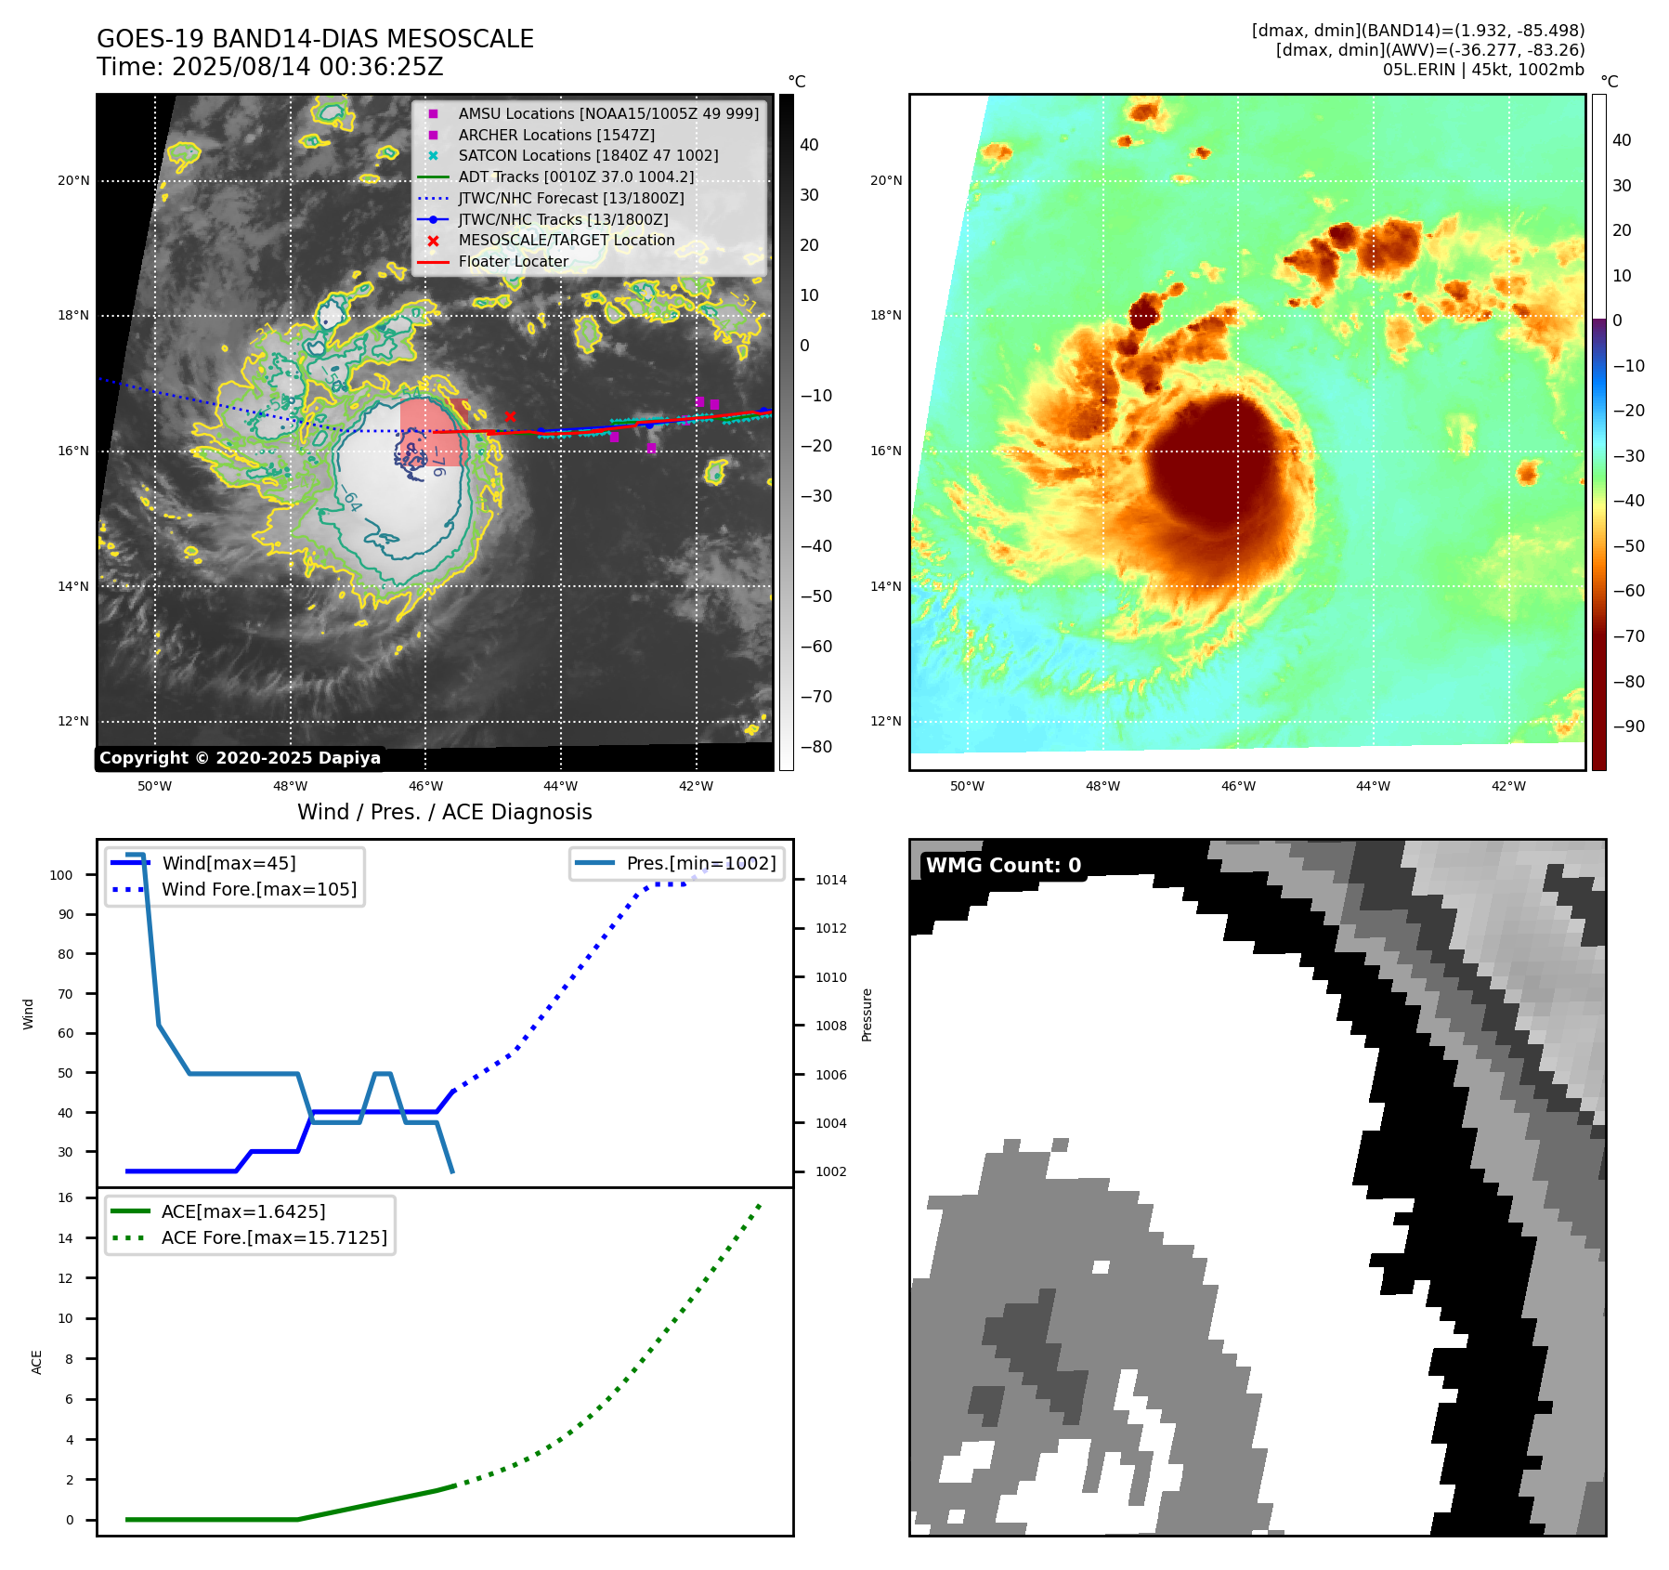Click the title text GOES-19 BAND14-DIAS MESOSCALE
pyautogui.click(x=315, y=39)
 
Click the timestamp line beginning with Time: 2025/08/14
pyautogui.click(x=270, y=67)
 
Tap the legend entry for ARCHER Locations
pyautogui.click(x=555, y=135)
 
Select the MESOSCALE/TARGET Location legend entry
pyautogui.click(x=566, y=240)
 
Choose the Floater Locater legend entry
pyautogui.click(x=513, y=261)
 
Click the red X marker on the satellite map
pyautogui.click(x=510, y=416)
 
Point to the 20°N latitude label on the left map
pyautogui.click(x=73, y=180)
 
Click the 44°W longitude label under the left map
pyautogui.click(x=560, y=786)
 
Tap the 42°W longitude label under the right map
pyautogui.click(x=1508, y=786)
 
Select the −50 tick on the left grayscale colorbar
pyautogui.click(x=815, y=596)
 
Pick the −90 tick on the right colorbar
pyautogui.click(x=1628, y=726)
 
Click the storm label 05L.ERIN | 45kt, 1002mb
pyautogui.click(x=1483, y=70)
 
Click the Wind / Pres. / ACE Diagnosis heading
pyautogui.click(x=444, y=812)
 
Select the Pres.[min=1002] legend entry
pyautogui.click(x=700, y=863)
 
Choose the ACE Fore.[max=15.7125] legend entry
pyautogui.click(x=273, y=1237)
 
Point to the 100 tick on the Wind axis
pyautogui.click(x=61, y=875)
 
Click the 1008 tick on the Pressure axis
pyautogui.click(x=830, y=1026)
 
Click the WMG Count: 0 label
pyautogui.click(x=1003, y=866)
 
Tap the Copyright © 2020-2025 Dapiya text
pyautogui.click(x=240, y=758)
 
